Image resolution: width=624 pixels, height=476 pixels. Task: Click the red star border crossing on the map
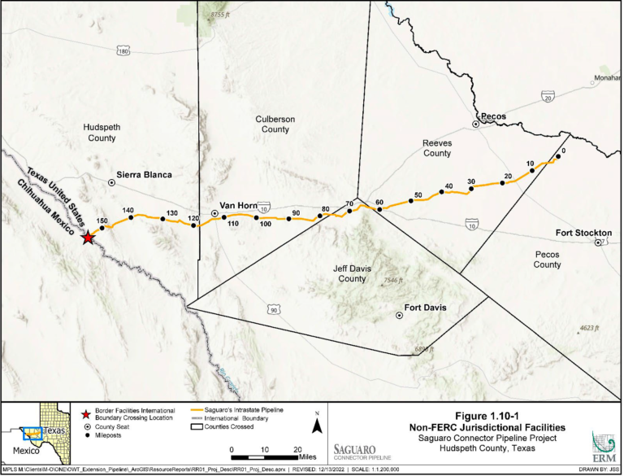[x=88, y=238]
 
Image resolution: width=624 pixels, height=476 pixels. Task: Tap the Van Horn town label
[x=239, y=206]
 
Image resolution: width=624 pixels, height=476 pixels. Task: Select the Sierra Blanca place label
[x=145, y=175]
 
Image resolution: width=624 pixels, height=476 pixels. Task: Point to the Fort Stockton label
[x=583, y=233]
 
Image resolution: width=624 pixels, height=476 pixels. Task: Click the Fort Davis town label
[x=427, y=309]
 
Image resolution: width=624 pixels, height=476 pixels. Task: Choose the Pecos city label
[x=493, y=116]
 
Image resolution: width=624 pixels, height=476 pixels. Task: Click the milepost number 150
[x=102, y=221]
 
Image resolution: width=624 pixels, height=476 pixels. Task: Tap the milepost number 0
[x=561, y=150]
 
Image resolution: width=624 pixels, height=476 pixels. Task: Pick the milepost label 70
[x=350, y=203]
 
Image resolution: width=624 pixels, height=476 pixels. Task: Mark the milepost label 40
[x=448, y=187]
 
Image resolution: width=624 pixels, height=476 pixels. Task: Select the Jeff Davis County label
[x=352, y=273]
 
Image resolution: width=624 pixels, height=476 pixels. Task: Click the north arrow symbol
[x=318, y=424]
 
